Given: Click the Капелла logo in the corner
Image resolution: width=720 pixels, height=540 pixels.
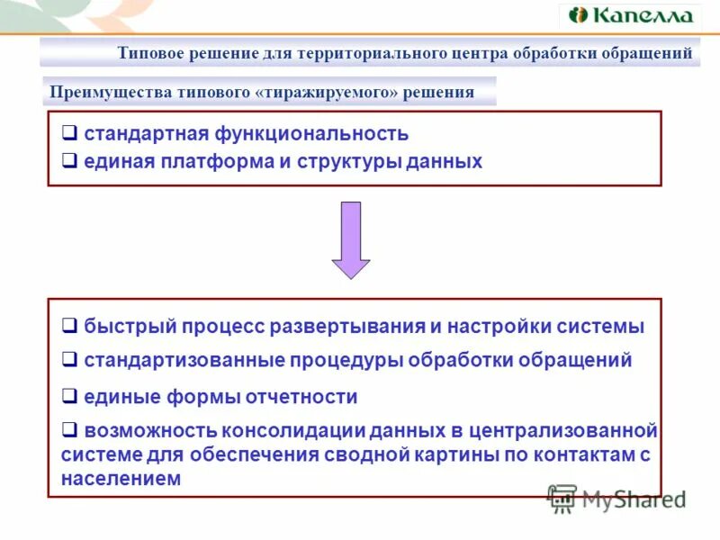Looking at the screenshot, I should click(x=630, y=15).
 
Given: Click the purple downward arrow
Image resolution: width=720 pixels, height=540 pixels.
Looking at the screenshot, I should click(x=351, y=238).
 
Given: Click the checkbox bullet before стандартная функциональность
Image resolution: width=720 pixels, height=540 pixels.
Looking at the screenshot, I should click(x=69, y=134).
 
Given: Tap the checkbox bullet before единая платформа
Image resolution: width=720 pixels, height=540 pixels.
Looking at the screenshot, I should click(x=69, y=162).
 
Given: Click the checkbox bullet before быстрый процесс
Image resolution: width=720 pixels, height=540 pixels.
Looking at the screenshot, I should click(x=69, y=325).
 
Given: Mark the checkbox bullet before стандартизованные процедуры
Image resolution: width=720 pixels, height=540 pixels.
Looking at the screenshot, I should click(x=69, y=360).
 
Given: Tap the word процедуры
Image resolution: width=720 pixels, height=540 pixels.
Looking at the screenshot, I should click(x=346, y=361).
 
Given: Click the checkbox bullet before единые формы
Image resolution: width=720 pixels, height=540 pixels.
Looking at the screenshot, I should click(x=69, y=396).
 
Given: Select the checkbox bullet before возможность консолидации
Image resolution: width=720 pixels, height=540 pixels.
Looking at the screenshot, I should click(x=69, y=429).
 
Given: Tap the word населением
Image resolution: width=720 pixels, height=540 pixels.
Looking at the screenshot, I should click(x=121, y=480).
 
